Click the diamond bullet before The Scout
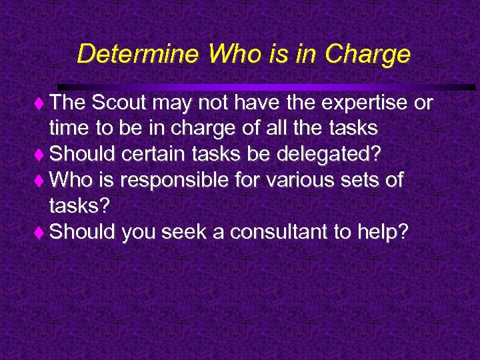pyautogui.click(x=41, y=105)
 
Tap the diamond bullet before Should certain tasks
pyautogui.click(x=41, y=155)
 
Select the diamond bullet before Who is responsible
pyautogui.click(x=41, y=181)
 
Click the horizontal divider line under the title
pyautogui.click(x=267, y=87)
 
